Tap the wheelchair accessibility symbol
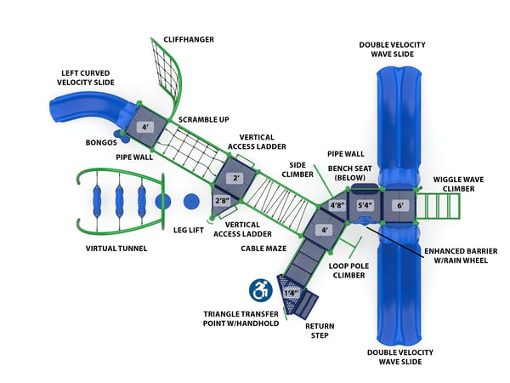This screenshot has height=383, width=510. (x=261, y=290)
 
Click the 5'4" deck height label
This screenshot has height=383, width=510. (x=365, y=205)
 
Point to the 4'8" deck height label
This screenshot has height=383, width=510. (x=337, y=205)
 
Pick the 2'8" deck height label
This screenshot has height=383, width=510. (x=223, y=201)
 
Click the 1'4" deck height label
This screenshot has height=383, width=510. (x=291, y=294)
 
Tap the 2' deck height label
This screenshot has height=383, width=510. (x=237, y=179)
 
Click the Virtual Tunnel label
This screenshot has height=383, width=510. (x=116, y=249)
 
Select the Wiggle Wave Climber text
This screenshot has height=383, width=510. (x=459, y=184)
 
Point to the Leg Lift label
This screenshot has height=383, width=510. (x=188, y=229)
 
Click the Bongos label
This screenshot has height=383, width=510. (x=101, y=142)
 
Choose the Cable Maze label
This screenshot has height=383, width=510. (x=262, y=249)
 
